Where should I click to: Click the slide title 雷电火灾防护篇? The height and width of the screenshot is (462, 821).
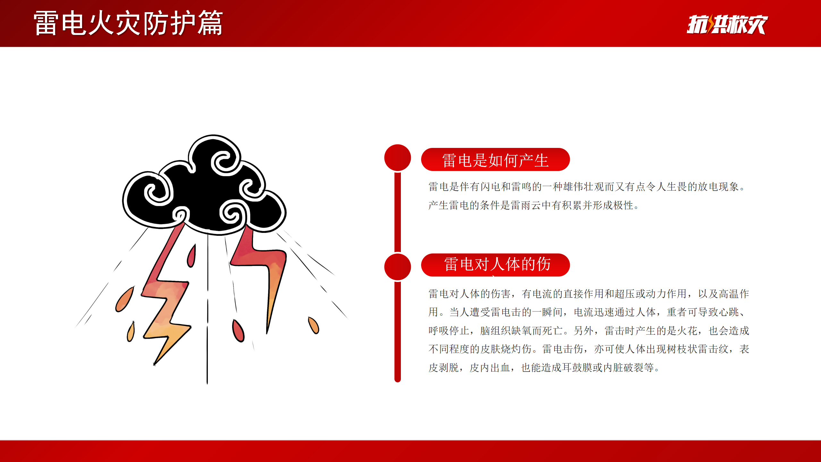[x=128, y=23]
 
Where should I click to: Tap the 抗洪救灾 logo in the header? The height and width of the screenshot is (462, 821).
[x=727, y=24]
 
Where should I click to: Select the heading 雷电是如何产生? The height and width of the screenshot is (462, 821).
[x=495, y=160]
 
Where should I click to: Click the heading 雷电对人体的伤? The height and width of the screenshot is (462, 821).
[x=497, y=264]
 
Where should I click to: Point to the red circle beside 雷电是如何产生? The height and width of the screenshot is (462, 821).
[x=398, y=158]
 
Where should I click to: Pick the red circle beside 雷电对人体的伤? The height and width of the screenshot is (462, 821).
[x=398, y=267]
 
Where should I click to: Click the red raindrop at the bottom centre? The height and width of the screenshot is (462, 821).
[x=238, y=331]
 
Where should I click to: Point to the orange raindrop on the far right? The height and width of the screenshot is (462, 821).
[x=313, y=325]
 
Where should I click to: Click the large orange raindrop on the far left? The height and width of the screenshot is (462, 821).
[x=124, y=299]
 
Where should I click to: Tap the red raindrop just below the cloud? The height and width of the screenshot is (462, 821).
[x=191, y=256]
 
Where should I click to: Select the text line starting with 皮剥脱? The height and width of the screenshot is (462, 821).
[x=544, y=368]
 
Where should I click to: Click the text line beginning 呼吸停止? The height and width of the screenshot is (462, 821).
[x=589, y=331]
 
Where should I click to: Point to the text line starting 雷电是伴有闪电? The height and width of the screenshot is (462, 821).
[x=588, y=187]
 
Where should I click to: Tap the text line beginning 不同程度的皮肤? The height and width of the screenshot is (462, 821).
[x=589, y=349]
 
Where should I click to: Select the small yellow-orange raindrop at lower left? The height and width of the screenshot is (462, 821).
[x=131, y=332]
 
